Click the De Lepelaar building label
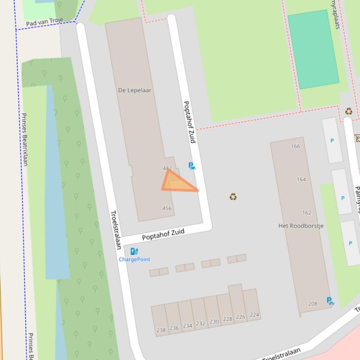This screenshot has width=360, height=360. (x=135, y=90)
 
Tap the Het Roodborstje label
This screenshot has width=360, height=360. (x=301, y=226)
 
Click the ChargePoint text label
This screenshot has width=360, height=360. (x=134, y=259)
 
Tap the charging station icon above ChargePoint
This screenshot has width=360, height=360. (x=134, y=252)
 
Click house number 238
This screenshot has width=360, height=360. (x=161, y=330)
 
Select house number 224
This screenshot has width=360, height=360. (x=254, y=315)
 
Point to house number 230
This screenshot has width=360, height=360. (x=214, y=322)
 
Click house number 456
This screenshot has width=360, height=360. (x=167, y=209)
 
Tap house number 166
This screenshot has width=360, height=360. (x=295, y=146)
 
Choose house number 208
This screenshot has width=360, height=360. (x=313, y=304)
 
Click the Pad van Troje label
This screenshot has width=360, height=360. (x=44, y=22)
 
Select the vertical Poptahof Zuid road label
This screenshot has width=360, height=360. (x=190, y=122)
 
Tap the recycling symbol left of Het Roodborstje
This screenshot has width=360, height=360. (x=233, y=197)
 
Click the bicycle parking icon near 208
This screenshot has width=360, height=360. (x=330, y=301)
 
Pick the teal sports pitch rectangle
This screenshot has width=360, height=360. (x=313, y=49)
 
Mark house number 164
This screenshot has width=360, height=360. (x=301, y=180)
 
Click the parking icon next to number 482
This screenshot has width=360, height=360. (x=191, y=166)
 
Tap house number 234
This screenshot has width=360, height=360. (x=188, y=326)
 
